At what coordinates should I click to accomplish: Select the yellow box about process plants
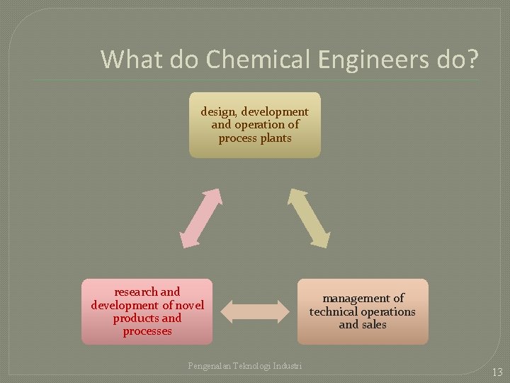[x=254, y=125]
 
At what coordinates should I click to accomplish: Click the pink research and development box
[x=147, y=311]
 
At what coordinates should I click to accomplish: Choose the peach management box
[x=363, y=311]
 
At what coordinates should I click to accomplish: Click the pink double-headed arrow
[x=201, y=217]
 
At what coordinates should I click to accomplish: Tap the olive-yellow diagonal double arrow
[x=308, y=217]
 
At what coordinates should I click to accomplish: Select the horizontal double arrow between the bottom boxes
[x=255, y=311]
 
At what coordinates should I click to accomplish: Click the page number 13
[x=496, y=372]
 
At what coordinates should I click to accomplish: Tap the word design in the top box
[x=217, y=111]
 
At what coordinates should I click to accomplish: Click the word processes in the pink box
[x=147, y=331]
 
